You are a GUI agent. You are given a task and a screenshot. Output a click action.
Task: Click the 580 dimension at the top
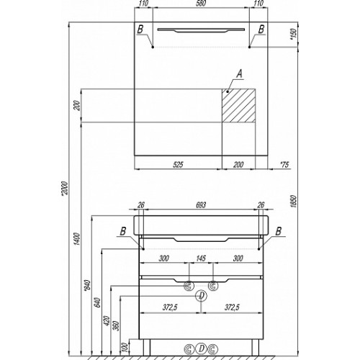click(x=201, y=4)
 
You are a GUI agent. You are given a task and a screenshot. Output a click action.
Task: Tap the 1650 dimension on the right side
click(x=294, y=201)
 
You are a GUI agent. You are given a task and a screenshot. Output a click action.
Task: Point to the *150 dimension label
click(x=294, y=34)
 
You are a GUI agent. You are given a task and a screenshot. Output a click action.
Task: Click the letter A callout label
click(x=239, y=73)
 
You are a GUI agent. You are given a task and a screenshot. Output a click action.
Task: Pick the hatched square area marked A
click(x=238, y=106)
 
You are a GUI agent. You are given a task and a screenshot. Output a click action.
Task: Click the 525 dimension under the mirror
click(x=178, y=164)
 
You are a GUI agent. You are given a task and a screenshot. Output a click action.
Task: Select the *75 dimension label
click(x=284, y=164)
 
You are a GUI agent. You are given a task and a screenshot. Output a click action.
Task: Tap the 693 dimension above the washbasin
click(x=201, y=204)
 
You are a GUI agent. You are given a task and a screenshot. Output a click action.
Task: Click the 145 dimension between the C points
click(x=201, y=258)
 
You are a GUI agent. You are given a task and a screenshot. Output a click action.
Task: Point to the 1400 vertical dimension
click(x=77, y=239)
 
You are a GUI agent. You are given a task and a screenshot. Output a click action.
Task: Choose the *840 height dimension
click(x=87, y=286)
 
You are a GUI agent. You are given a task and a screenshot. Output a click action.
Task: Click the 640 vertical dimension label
click(x=97, y=302)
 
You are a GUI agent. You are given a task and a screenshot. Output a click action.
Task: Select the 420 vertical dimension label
click(x=107, y=321)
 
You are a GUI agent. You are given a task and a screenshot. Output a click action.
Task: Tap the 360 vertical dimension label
click(x=116, y=326)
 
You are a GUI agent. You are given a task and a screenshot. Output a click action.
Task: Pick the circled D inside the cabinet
click(x=201, y=296)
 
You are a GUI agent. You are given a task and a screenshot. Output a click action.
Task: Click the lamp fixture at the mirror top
click(x=201, y=30)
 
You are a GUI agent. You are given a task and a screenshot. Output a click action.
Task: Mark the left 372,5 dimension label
click(x=170, y=307)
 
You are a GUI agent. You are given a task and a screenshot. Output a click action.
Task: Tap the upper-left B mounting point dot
click(x=153, y=47)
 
